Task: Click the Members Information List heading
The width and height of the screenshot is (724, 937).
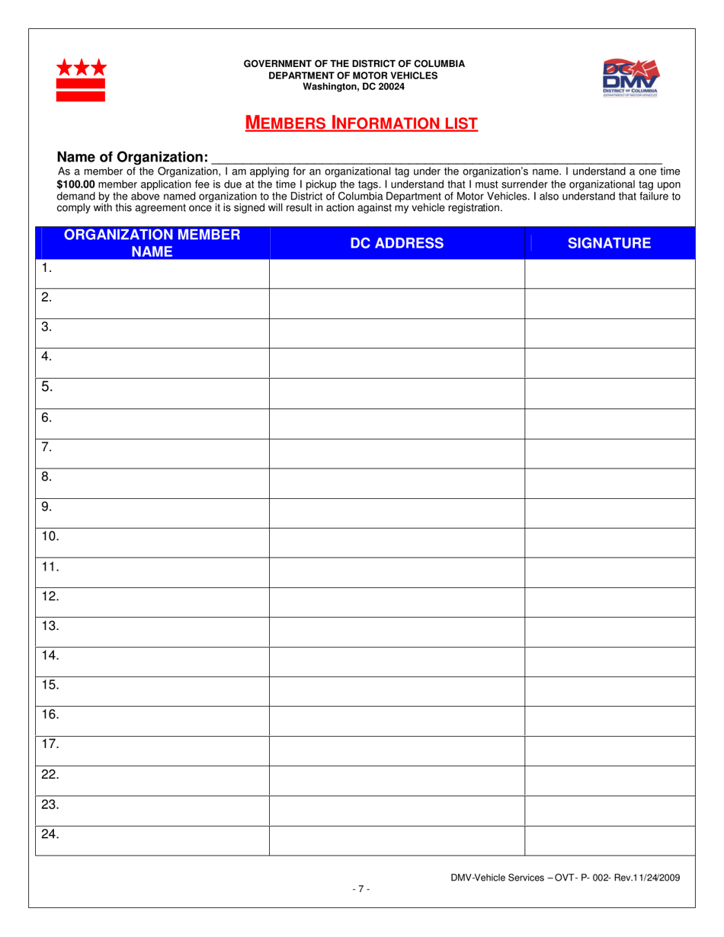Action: point(361,123)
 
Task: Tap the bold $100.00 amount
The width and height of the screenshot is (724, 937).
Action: point(76,184)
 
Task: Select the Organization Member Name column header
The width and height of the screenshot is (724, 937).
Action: point(152,243)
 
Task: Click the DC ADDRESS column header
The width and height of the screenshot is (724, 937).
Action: point(396,243)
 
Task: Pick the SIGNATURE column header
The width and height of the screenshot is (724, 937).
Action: point(609,243)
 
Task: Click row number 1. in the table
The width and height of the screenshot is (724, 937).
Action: point(47,267)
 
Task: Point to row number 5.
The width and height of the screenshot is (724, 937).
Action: point(47,387)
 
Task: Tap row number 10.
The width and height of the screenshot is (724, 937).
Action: point(50,536)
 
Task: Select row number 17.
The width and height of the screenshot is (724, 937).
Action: point(50,745)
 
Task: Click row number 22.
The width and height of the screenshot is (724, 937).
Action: point(50,775)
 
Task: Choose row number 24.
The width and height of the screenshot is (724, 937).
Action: point(50,835)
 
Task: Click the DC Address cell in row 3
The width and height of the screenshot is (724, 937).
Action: point(396,334)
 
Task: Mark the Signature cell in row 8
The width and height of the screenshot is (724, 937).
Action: point(609,483)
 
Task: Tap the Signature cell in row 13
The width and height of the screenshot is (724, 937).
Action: point(609,632)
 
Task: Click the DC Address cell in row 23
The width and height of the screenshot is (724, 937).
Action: point(396,811)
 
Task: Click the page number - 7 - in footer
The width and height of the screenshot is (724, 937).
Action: point(361,889)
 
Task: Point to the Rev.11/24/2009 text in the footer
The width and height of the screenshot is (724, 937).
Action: point(646,878)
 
